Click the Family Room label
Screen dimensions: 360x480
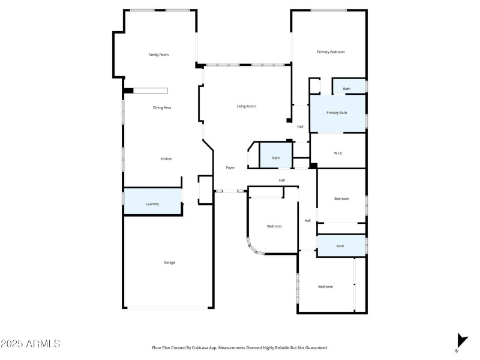158,55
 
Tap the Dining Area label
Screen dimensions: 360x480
162,107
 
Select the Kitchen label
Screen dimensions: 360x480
166,159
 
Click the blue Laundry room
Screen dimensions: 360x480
152,204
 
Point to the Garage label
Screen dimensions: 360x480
169,262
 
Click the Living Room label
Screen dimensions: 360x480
246,106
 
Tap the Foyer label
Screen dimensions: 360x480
230,167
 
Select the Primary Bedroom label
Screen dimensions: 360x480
331,52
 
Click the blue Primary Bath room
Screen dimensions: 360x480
337,113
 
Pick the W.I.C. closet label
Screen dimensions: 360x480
338,153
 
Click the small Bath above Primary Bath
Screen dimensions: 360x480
347,89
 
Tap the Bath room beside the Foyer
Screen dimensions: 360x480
275,158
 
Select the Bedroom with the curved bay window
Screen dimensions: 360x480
274,226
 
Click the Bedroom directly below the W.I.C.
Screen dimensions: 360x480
341,199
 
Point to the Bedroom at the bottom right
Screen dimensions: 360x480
325,287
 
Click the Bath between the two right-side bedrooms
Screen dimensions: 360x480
340,246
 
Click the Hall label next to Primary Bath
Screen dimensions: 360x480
300,127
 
